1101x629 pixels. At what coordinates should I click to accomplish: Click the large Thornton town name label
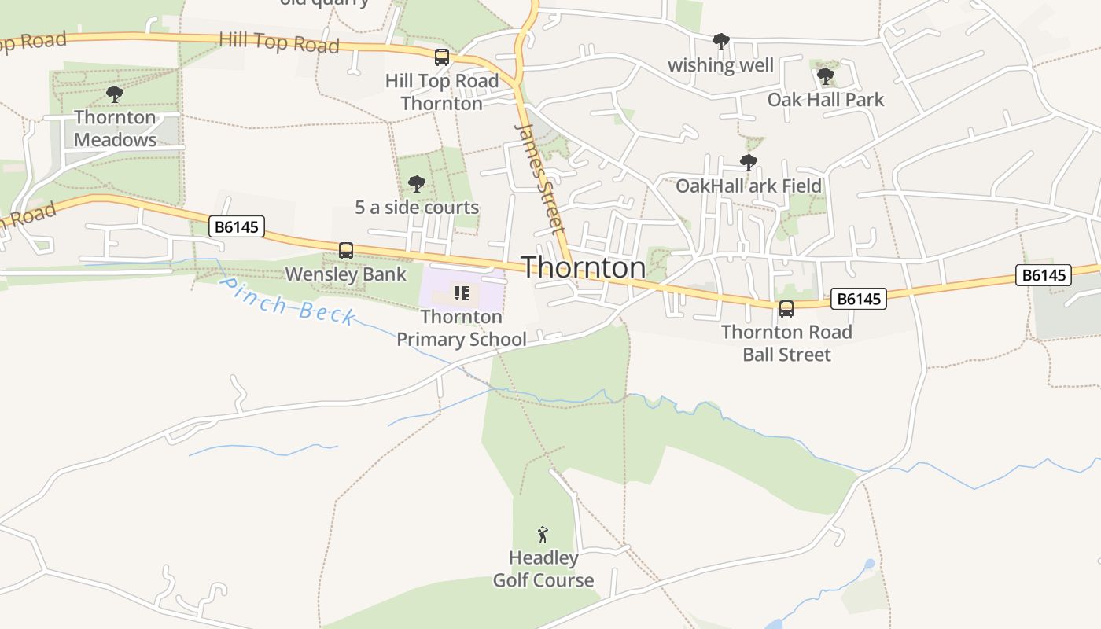click(584, 267)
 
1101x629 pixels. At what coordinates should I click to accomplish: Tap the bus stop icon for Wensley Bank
click(346, 251)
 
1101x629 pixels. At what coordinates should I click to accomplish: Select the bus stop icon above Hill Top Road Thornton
click(442, 57)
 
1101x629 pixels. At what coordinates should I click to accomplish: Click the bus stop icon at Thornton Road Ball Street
click(786, 309)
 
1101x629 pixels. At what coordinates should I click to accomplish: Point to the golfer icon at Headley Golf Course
click(543, 535)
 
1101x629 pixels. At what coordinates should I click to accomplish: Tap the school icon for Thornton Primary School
click(462, 294)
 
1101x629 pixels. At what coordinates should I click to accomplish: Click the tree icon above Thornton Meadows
click(115, 95)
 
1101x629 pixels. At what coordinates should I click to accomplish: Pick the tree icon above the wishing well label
click(720, 42)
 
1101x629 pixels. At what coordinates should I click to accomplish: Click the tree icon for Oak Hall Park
click(826, 76)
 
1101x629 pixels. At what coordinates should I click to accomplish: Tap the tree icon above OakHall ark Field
click(749, 163)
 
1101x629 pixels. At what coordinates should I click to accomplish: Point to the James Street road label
click(540, 178)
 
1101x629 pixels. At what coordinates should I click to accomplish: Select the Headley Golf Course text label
click(543, 569)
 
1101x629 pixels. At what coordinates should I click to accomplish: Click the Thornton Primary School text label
click(462, 328)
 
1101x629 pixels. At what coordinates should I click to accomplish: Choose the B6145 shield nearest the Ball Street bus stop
click(858, 299)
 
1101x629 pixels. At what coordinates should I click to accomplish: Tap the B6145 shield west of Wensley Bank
click(238, 227)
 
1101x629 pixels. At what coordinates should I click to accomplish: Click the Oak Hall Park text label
click(826, 100)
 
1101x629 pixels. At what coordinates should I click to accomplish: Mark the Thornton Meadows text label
click(115, 128)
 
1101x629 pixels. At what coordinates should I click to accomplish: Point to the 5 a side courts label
click(417, 208)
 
